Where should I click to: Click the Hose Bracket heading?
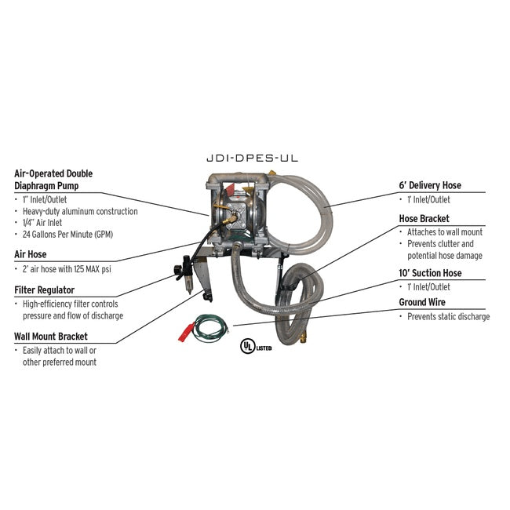(424, 219)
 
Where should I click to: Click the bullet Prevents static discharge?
(447, 317)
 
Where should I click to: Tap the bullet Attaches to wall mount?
(444, 232)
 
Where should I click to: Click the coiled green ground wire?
(210, 324)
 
